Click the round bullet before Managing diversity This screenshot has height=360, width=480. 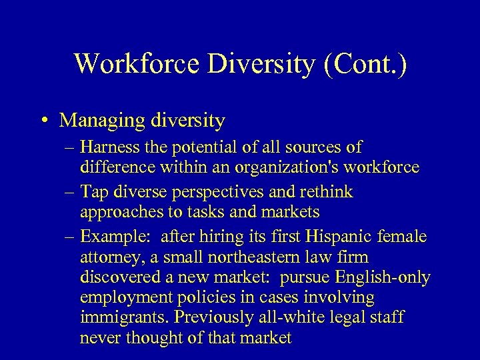tap(42, 121)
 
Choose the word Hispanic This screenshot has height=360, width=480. tap(333, 237)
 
